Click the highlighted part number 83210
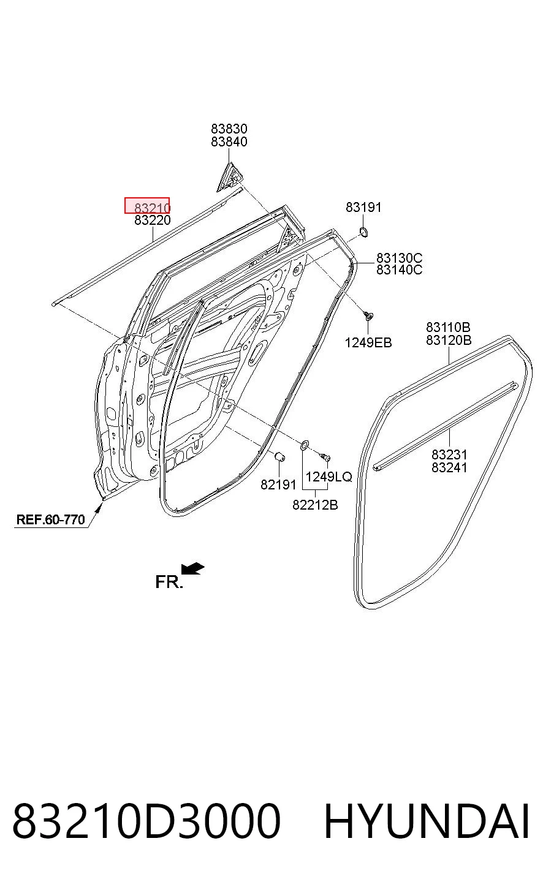[152, 208]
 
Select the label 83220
[152, 220]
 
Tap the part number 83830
[229, 129]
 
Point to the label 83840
[229, 141]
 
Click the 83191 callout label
[363, 207]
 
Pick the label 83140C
[399, 270]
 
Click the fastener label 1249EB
[368, 342]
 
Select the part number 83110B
[449, 327]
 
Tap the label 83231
[449, 454]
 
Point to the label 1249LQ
[328, 477]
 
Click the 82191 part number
[278, 485]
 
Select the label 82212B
[315, 505]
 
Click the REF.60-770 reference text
[50, 519]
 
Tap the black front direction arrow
[193, 568]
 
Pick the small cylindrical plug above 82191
[280, 456]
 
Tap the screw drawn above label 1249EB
[369, 316]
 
